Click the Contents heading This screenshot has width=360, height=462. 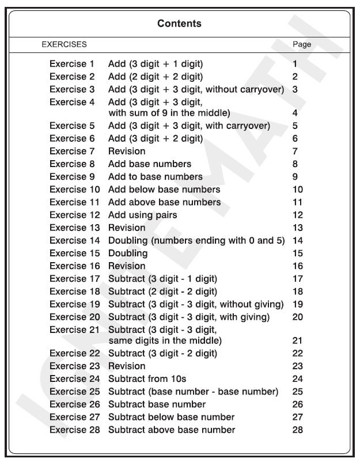179,24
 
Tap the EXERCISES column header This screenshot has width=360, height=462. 64,44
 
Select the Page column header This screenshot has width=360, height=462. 302,44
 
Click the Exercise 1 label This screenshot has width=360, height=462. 71,64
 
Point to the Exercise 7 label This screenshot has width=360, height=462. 71,151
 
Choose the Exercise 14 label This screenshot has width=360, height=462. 74,240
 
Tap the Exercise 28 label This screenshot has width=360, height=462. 74,430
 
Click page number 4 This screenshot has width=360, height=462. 295,113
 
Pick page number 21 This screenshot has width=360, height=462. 297,341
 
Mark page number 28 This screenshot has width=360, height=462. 297,430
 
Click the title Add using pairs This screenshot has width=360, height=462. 142,215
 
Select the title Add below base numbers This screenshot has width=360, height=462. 164,190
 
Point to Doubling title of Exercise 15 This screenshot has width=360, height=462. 128,253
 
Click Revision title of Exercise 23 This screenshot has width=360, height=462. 127,366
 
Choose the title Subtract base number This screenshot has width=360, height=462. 157,404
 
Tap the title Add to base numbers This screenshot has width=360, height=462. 156,176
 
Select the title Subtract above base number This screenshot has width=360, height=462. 172,430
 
